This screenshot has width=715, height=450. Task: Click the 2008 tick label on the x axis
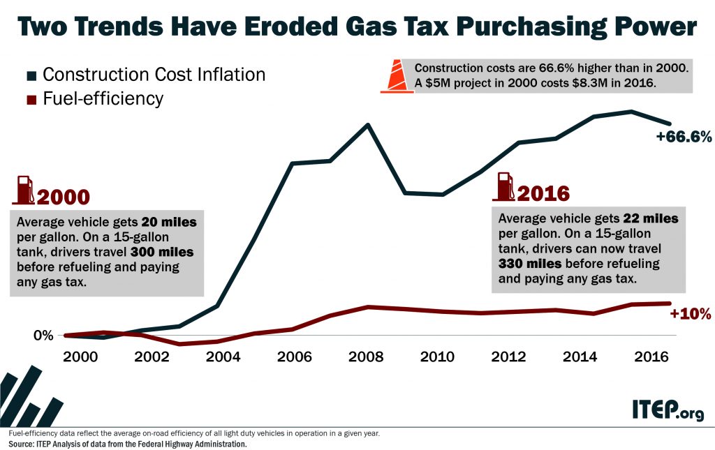pyautogui.click(x=366, y=357)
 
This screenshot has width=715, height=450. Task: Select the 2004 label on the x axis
pyautogui.click(x=223, y=357)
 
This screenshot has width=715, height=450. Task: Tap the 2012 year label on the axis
pyautogui.click(x=508, y=357)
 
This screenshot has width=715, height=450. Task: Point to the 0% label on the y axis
pyautogui.click(x=43, y=336)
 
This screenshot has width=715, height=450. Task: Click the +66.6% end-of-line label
pyautogui.click(x=683, y=137)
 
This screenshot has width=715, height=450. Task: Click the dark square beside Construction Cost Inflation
pyautogui.click(x=31, y=75)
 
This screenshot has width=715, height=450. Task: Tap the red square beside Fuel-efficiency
pyautogui.click(x=31, y=99)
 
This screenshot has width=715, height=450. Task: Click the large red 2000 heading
pyautogui.click(x=64, y=197)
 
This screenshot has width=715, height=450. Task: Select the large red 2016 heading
pyautogui.click(x=543, y=193)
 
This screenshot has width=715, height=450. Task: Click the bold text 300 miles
pyautogui.click(x=166, y=252)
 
